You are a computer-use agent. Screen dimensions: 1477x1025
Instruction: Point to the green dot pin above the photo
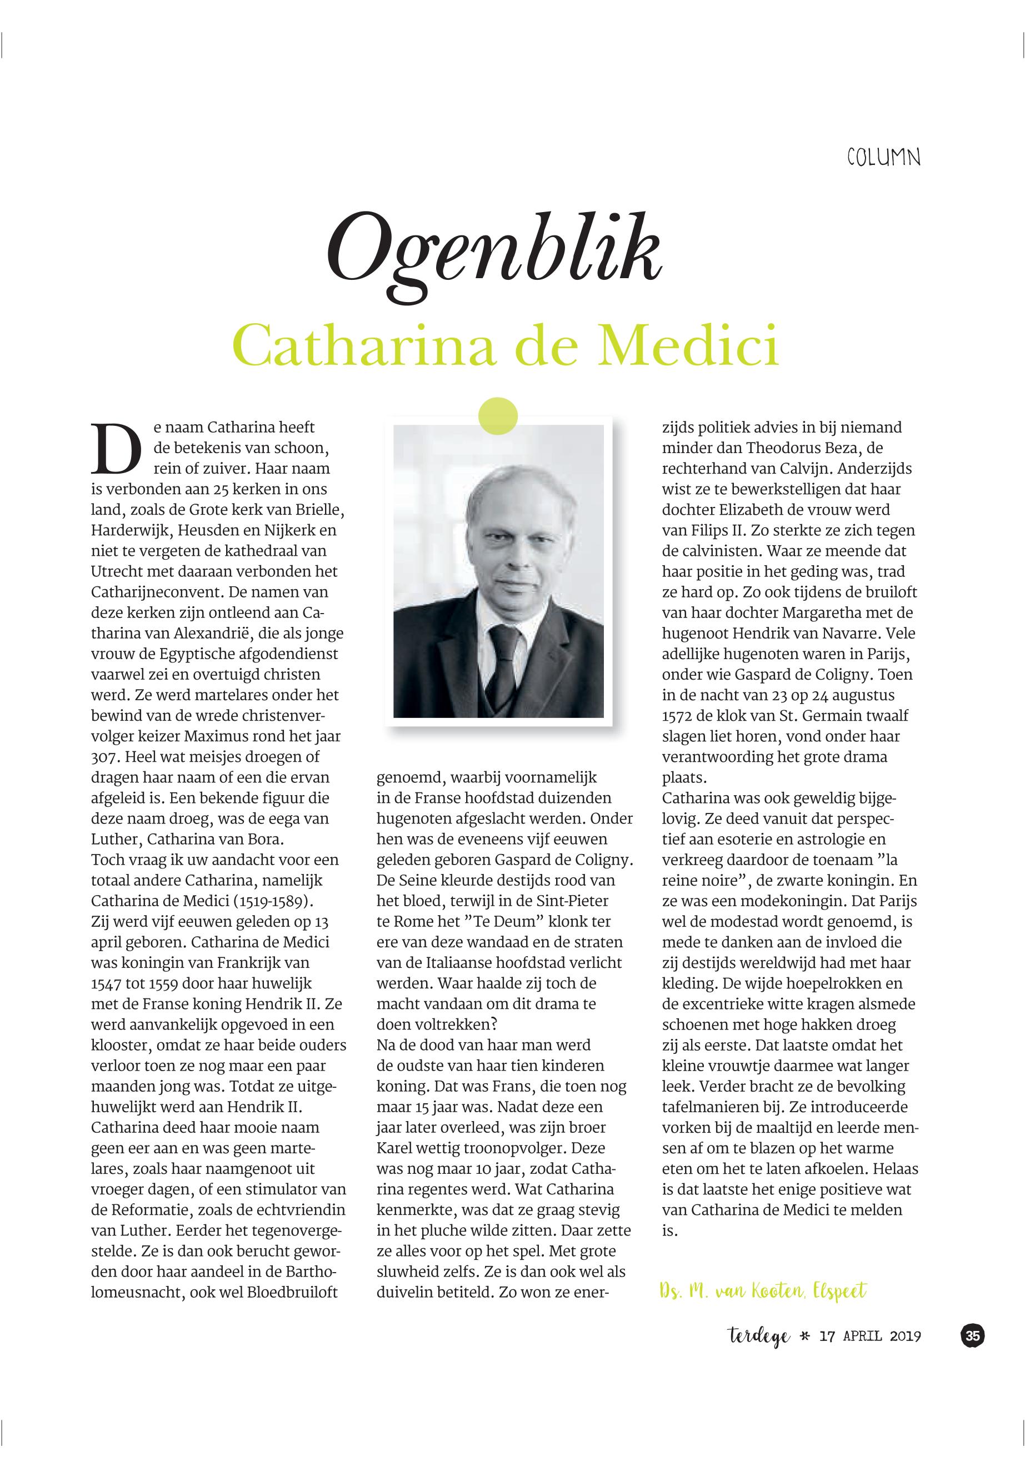[498, 416]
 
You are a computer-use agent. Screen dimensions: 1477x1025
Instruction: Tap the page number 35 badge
[972, 1336]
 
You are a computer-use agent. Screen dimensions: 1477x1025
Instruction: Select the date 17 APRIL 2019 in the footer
[870, 1337]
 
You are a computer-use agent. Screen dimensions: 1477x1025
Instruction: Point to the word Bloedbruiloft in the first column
[292, 1292]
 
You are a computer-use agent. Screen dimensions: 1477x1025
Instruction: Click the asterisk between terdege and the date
[804, 1337]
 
